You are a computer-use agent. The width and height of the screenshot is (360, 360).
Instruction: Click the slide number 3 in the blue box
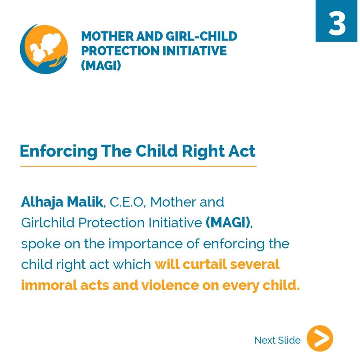point(337,24)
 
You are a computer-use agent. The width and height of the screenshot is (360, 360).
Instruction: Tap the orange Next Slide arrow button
point(320,338)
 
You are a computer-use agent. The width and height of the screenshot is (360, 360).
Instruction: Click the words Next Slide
point(277,340)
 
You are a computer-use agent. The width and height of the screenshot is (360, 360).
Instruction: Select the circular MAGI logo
point(44,49)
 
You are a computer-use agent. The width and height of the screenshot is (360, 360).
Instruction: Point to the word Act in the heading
point(242,151)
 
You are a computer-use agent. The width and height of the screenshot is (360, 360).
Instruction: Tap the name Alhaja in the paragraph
point(42,202)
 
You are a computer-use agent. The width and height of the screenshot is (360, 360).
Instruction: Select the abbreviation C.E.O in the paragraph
point(127,202)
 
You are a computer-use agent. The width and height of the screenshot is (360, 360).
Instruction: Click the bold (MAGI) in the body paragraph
point(228,223)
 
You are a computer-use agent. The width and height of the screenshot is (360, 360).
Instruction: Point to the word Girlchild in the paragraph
point(48,223)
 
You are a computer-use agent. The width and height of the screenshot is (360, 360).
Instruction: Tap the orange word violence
point(170,285)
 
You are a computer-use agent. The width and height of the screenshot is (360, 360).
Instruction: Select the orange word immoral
point(49,285)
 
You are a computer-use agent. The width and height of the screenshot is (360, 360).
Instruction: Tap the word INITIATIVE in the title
point(194,51)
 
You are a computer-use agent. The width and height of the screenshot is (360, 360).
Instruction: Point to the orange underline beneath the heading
point(138,166)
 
